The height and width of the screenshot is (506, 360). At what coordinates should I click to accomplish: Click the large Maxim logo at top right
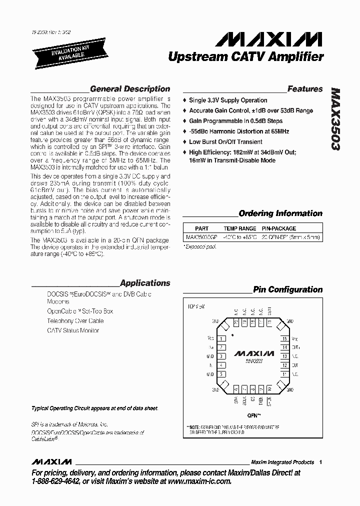tap(272, 39)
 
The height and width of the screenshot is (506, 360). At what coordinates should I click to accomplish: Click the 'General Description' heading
tap(130, 89)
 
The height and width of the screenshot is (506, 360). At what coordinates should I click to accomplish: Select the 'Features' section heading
tap(305, 89)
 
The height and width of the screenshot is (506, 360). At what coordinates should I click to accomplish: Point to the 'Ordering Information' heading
tap(280, 213)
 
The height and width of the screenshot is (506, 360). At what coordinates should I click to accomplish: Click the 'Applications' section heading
tap(145, 283)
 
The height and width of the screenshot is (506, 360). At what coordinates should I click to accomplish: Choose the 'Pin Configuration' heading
tap(287, 289)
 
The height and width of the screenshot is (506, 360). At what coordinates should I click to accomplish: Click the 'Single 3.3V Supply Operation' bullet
tap(228, 100)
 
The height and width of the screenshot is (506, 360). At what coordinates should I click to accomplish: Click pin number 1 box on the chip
tap(221, 338)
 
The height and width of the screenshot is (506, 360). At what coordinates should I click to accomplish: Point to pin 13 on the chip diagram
tap(284, 356)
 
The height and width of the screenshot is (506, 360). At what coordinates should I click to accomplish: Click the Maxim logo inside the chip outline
tap(253, 353)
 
